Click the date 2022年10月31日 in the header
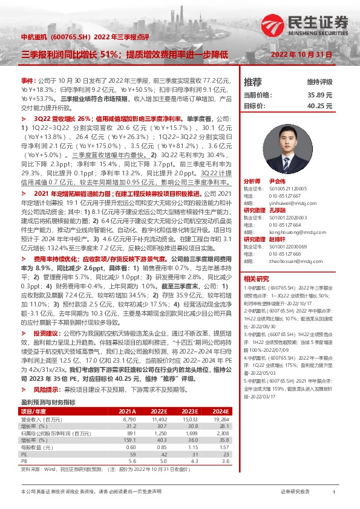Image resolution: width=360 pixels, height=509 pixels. [306, 54]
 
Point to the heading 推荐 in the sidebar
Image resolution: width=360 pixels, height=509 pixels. [253, 81]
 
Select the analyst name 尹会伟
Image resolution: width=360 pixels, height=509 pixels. [276, 181]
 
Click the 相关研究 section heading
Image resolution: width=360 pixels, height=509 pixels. [256, 262]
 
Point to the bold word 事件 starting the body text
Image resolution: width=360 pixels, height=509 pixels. [28, 80]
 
